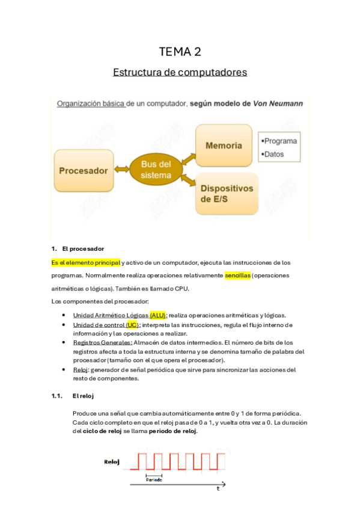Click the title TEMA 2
(x=180, y=52)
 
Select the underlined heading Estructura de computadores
(x=180, y=72)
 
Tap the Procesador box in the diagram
(x=84, y=171)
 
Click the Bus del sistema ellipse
(x=156, y=170)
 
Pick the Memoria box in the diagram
(x=224, y=146)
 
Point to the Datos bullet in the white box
(x=273, y=154)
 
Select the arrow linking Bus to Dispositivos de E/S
(x=186, y=180)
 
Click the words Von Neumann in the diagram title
(x=278, y=103)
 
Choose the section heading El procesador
(x=83, y=248)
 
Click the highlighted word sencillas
(x=237, y=275)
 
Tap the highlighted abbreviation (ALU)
(x=158, y=315)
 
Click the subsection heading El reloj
(x=83, y=396)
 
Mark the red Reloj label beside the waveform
(x=112, y=462)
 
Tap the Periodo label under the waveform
(x=154, y=479)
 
